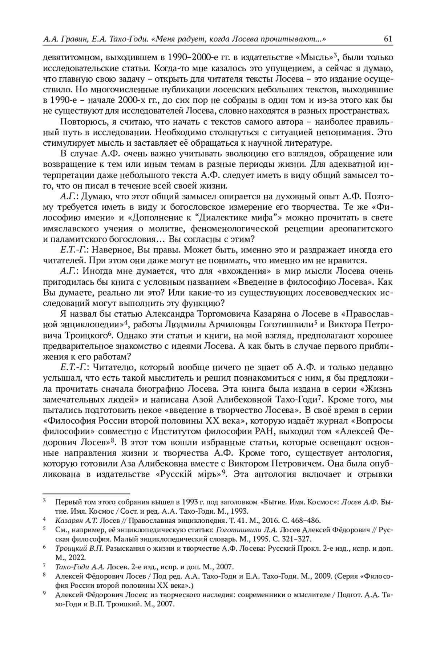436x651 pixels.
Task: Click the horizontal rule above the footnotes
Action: (x=86, y=494)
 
